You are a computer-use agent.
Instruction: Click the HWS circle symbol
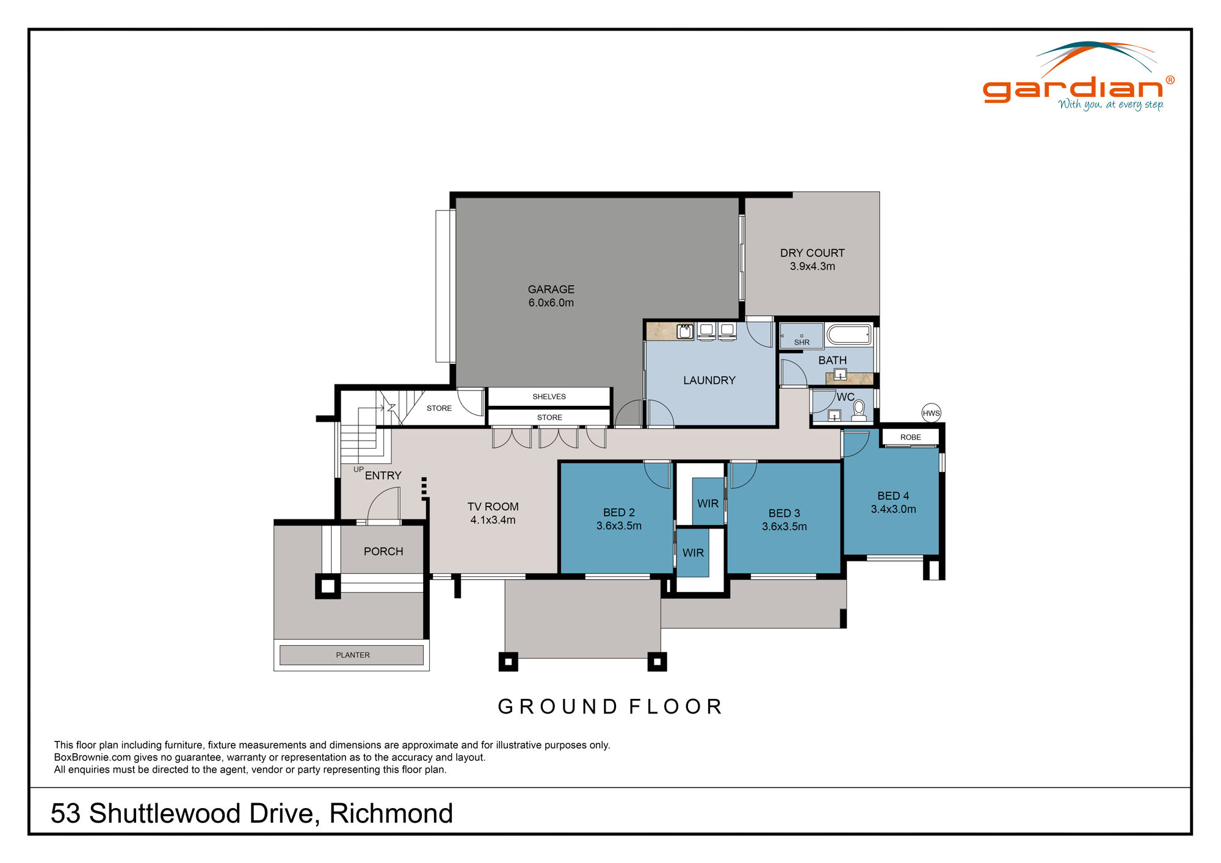coord(931,413)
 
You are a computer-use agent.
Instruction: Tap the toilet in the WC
coord(859,410)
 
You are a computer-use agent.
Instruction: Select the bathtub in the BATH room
coord(849,335)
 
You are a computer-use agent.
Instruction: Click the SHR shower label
coord(802,342)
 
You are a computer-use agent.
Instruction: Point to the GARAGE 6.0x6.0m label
coord(551,296)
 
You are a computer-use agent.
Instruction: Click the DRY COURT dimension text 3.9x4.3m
coord(812,266)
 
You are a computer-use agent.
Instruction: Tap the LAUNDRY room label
coord(709,380)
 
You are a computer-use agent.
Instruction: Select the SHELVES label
coord(549,397)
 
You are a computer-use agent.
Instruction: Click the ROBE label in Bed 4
coord(910,437)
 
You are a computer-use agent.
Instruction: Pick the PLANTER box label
coord(352,655)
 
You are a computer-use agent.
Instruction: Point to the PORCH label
coord(383,551)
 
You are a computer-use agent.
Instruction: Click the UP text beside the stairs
coord(358,469)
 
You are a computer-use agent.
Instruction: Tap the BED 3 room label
coord(784,513)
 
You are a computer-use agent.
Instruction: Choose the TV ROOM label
coord(493,507)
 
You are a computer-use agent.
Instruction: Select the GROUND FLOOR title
coord(610,706)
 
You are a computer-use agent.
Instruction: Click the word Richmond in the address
coord(391,813)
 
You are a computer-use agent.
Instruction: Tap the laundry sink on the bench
coord(684,331)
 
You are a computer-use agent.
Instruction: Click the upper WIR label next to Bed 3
coord(708,504)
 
